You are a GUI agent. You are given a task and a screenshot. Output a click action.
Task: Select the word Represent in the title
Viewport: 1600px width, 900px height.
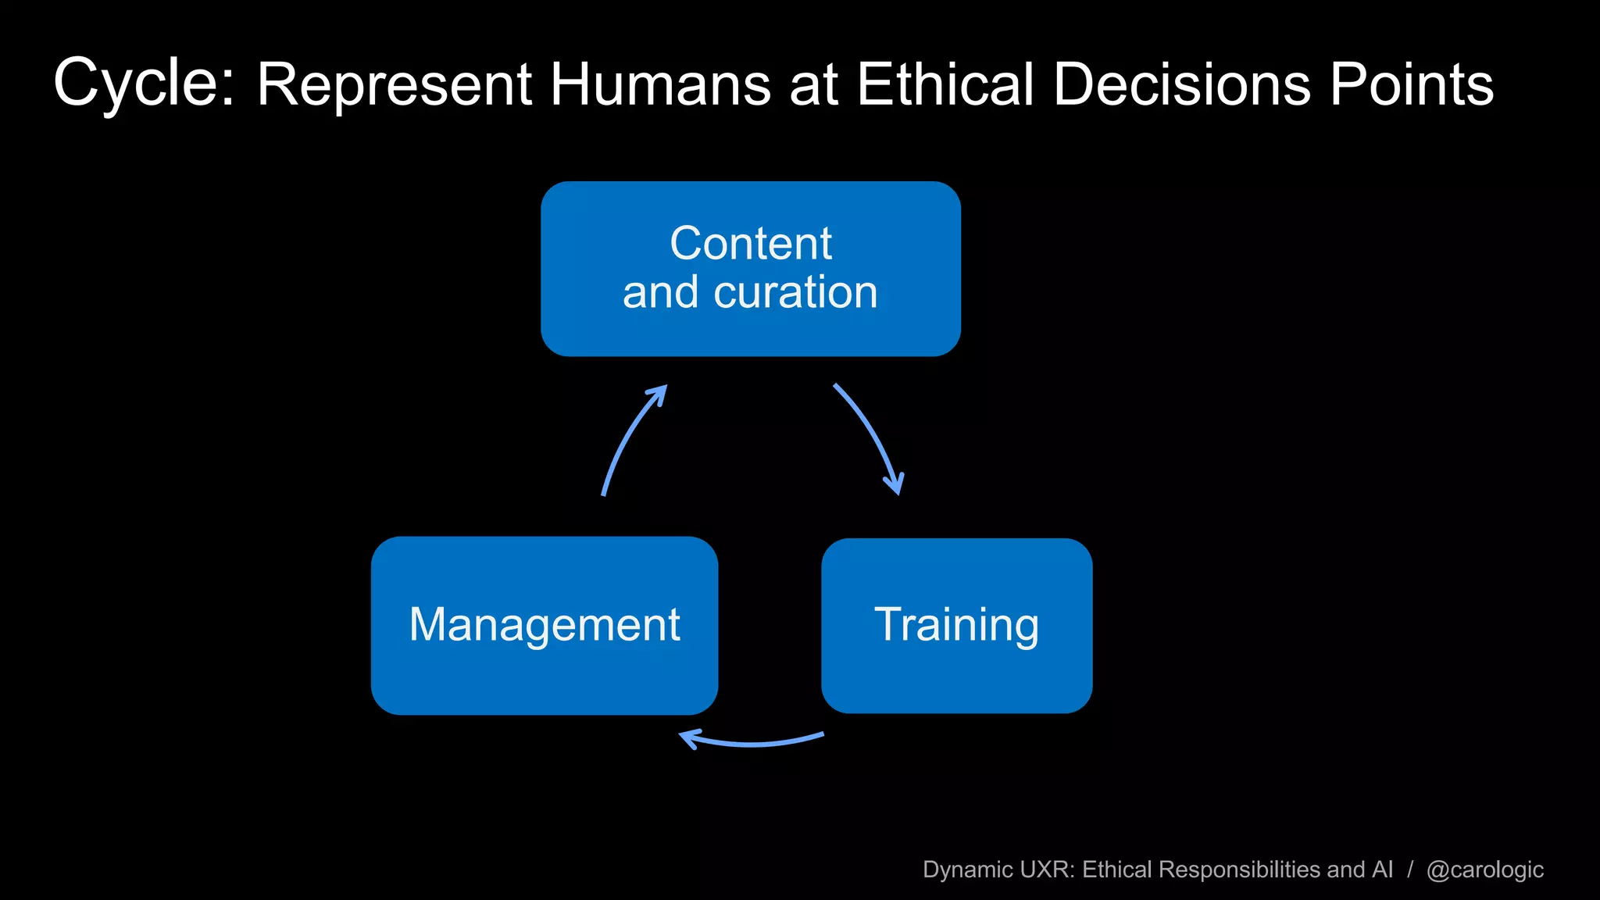[x=395, y=84]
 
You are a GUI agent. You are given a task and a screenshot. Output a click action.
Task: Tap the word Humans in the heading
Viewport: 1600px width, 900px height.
[x=660, y=84]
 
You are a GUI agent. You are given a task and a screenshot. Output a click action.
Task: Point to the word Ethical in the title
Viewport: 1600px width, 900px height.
[x=945, y=84]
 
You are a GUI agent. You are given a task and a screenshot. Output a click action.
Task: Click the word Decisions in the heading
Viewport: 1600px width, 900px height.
[x=1181, y=84]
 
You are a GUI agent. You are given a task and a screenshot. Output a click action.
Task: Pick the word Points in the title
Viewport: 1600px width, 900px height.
[x=1412, y=84]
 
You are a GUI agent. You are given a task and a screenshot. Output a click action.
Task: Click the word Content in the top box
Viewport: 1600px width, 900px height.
[x=751, y=243]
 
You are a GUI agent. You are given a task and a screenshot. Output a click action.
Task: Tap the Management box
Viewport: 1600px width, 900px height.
[x=545, y=625]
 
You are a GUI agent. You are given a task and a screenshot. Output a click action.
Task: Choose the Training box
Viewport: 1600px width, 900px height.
[x=956, y=625]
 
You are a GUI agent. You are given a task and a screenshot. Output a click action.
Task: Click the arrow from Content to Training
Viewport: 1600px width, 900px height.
[x=873, y=437]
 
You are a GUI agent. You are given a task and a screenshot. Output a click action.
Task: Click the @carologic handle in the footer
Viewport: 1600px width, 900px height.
[x=1484, y=870]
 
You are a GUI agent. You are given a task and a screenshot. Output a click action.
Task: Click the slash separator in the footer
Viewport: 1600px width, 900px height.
[x=1410, y=870]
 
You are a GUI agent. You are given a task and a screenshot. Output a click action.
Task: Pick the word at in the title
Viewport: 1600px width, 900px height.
[x=813, y=84]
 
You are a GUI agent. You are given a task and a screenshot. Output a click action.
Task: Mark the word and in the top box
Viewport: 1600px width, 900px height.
[x=660, y=292]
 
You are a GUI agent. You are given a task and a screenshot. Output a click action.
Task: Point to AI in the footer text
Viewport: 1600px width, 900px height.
[x=1382, y=870]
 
